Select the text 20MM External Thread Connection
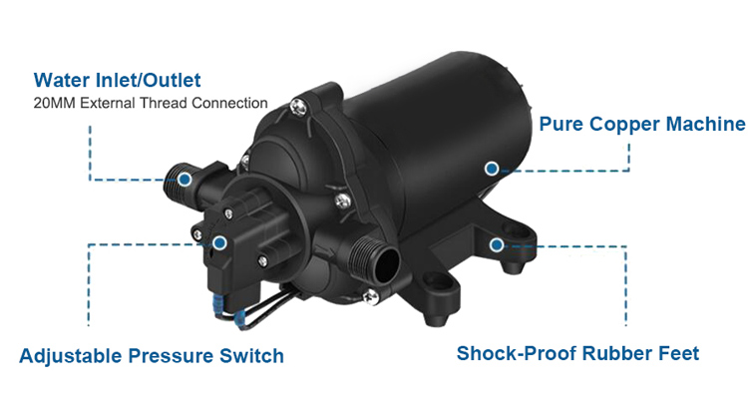[150, 102]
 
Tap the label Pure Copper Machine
[641, 125]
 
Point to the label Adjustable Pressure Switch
[152, 355]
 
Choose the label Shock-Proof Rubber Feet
[577, 353]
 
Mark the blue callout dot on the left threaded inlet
[186, 180]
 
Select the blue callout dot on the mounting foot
[496, 244]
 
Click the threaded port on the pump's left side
[179, 181]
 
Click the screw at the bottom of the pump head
[369, 294]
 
